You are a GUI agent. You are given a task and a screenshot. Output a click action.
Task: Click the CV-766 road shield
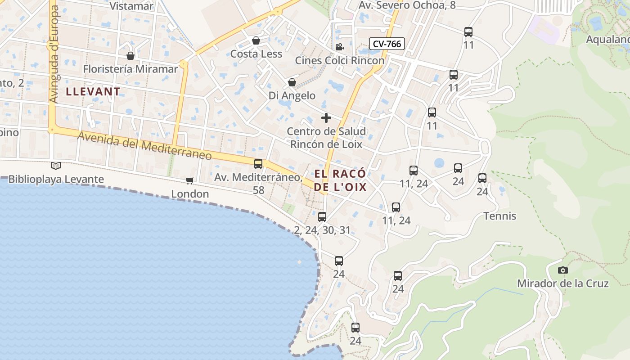pyautogui.click(x=387, y=44)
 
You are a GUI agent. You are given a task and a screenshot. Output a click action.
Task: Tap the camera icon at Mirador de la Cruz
pyautogui.click(x=562, y=270)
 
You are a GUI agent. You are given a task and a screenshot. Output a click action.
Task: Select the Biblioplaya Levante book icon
pyautogui.click(x=56, y=166)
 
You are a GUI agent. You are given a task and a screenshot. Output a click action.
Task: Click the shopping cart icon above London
pyautogui.click(x=190, y=181)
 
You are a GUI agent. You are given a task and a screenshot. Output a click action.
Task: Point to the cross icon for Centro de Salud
pyautogui.click(x=326, y=118)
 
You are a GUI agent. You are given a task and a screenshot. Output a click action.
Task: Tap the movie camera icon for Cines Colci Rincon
pyautogui.click(x=339, y=47)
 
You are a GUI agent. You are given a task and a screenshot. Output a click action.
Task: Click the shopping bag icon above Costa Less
pyautogui.click(x=256, y=41)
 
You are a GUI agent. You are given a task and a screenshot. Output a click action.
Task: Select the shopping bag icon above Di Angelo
pyautogui.click(x=292, y=82)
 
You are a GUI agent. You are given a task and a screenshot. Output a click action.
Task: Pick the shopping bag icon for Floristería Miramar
pyautogui.click(x=130, y=56)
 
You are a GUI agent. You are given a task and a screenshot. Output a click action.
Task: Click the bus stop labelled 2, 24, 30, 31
pyautogui.click(x=322, y=217)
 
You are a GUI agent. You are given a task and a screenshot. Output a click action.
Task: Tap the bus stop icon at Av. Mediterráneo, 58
pyautogui.click(x=258, y=164)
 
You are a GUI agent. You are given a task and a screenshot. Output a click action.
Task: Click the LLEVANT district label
pyautogui.click(x=93, y=92)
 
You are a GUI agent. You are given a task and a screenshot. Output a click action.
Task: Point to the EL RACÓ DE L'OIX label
pyautogui.click(x=340, y=180)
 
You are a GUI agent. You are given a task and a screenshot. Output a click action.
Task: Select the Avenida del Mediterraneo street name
pyautogui.click(x=144, y=145)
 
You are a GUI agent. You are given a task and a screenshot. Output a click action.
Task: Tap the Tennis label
pyautogui.click(x=499, y=216)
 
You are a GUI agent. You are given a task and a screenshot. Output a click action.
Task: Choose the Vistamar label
pyautogui.click(x=131, y=6)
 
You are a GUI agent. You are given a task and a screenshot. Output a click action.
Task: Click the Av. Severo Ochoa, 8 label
pyautogui.click(x=407, y=5)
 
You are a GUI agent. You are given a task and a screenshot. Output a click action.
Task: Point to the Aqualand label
pyautogui.click(x=607, y=40)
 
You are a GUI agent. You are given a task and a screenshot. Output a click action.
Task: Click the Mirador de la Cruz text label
pyautogui.click(x=562, y=283)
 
